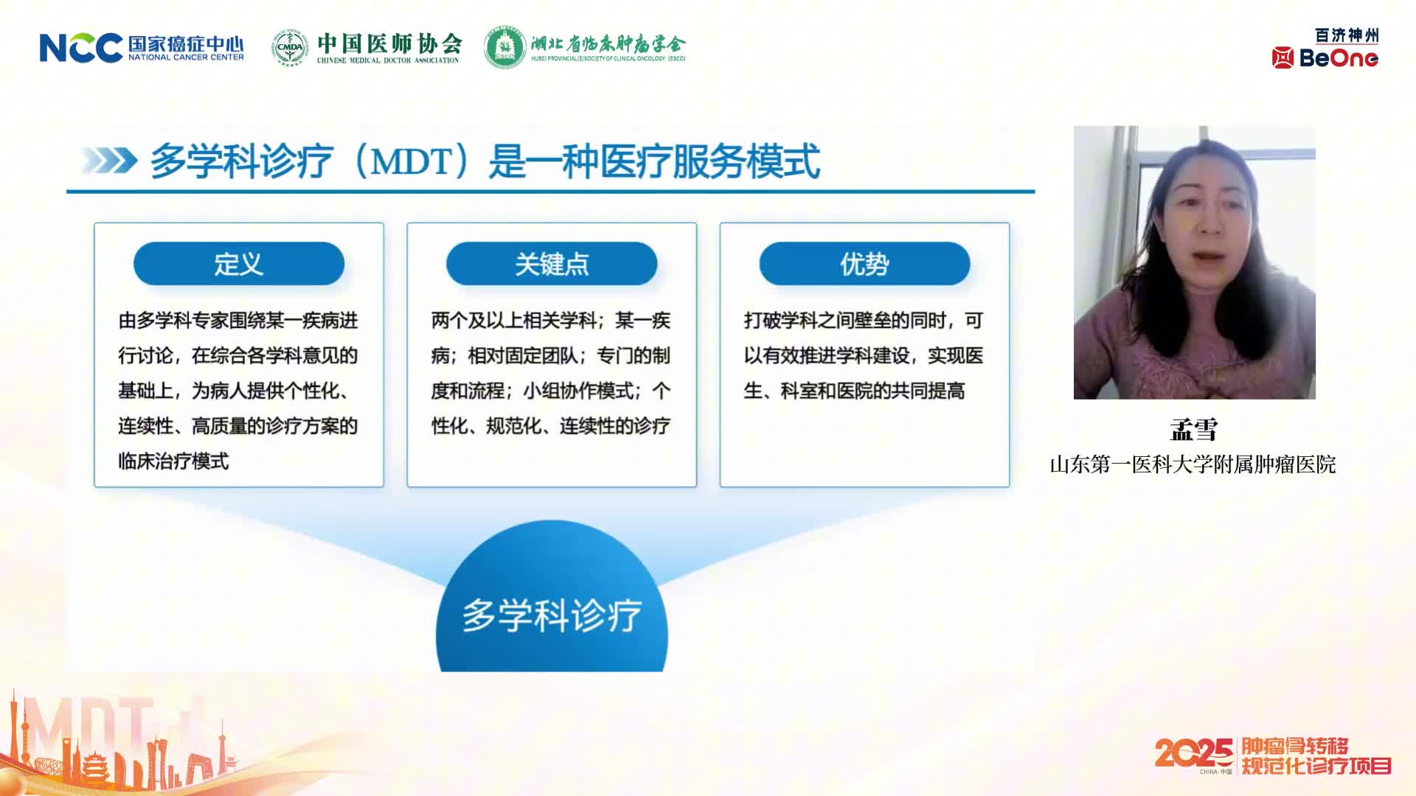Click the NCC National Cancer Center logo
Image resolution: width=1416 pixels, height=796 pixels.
pyautogui.click(x=142, y=48)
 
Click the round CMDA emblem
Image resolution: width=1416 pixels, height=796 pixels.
pyautogui.click(x=290, y=48)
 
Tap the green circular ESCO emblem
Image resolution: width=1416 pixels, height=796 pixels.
pyautogui.click(x=504, y=48)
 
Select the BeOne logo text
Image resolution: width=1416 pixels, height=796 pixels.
pyautogui.click(x=1339, y=58)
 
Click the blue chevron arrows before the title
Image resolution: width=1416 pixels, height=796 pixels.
pyautogui.click(x=109, y=161)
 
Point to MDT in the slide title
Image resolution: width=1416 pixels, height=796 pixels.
pyautogui.click(x=410, y=161)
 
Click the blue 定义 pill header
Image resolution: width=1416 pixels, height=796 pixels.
pyautogui.click(x=239, y=263)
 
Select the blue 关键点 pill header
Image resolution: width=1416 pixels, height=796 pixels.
pyautogui.click(x=552, y=263)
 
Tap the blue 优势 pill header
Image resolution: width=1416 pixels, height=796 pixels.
pyautogui.click(x=864, y=263)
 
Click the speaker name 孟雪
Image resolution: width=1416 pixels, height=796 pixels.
pyautogui.click(x=1193, y=430)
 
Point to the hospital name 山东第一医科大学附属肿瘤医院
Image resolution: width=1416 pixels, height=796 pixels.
pyautogui.click(x=1193, y=464)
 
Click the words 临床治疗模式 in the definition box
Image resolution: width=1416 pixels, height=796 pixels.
pyautogui.click(x=173, y=461)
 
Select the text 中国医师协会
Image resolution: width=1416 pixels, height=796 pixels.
pyautogui.click(x=389, y=43)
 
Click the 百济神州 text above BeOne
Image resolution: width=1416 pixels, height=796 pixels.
pyautogui.click(x=1347, y=35)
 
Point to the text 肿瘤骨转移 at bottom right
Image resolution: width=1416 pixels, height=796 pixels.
pyautogui.click(x=1295, y=746)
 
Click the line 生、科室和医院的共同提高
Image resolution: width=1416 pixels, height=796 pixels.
pyautogui.click(x=854, y=391)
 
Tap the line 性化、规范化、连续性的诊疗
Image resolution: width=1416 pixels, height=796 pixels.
pyautogui.click(x=550, y=426)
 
